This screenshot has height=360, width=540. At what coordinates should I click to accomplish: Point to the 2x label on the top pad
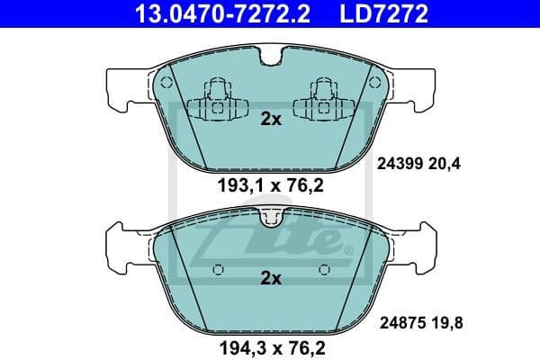pyautogui.click(x=271, y=119)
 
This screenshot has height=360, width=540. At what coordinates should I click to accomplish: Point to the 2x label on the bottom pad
pyautogui.click(x=271, y=279)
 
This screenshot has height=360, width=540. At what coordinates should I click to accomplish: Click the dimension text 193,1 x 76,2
pyautogui.click(x=270, y=187)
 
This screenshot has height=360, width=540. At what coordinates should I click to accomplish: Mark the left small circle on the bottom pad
pyautogui.click(x=216, y=269)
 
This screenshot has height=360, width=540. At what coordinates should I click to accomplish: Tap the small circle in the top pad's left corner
pyautogui.click(x=163, y=81)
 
